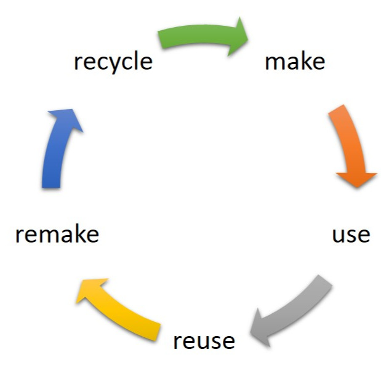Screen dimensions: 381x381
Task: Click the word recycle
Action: pos(113,62)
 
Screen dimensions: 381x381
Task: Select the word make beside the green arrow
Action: pos(294,62)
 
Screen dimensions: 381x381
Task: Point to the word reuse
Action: pos(204,340)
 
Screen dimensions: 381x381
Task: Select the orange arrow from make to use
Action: pos(352,145)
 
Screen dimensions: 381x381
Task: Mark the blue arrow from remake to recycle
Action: pos(57,148)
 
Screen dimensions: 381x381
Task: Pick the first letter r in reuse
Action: pos(177,342)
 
